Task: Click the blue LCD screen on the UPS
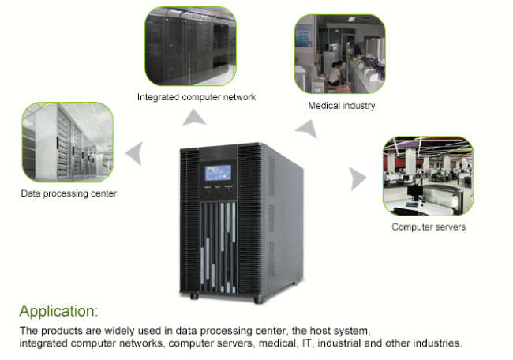218,173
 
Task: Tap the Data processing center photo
68,142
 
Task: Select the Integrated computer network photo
191,46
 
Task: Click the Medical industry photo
340,54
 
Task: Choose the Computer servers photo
429,176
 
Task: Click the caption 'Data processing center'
69,193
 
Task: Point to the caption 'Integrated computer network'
197,97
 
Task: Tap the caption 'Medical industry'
342,106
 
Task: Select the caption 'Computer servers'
429,227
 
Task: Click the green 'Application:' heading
59,311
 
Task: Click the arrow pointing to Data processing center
135,153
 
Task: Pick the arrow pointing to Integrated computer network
194,118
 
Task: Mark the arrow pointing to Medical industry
308,129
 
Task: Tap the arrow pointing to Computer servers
358,178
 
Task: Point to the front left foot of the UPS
194,295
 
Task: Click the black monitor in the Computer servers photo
414,193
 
